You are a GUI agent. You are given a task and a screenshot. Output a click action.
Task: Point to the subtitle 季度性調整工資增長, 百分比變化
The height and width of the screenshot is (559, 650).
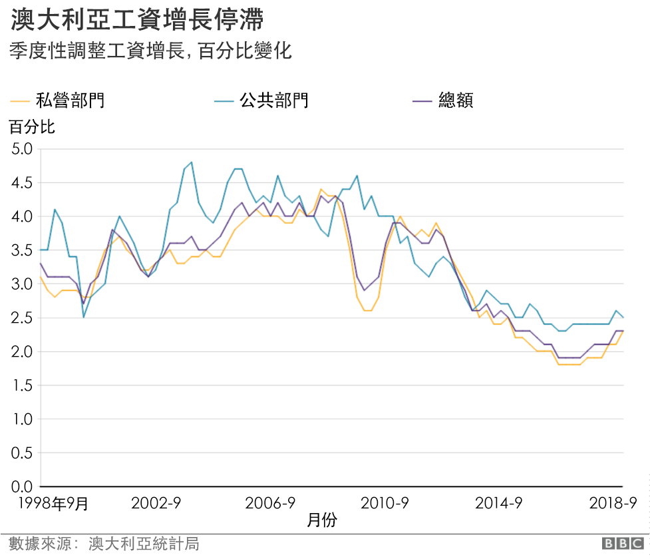click(150, 51)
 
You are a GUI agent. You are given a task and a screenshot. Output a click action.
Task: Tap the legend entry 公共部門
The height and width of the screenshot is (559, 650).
click(274, 101)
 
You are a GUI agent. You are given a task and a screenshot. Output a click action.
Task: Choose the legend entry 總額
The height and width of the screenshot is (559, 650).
click(456, 101)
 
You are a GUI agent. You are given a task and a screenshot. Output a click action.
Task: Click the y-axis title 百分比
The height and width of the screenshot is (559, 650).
click(32, 126)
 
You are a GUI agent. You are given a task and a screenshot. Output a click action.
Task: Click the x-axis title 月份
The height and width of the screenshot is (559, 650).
click(322, 520)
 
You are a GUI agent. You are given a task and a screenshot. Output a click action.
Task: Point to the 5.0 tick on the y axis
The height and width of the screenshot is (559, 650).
click(23, 148)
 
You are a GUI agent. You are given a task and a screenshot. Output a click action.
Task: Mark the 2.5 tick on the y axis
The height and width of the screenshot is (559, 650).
click(23, 317)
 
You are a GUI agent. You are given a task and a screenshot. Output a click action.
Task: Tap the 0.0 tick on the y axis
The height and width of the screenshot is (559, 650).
click(23, 486)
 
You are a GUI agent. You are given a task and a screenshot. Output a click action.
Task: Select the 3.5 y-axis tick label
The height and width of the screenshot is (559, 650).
click(23, 250)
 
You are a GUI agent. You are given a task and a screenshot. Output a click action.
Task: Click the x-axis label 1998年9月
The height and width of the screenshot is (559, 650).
click(53, 503)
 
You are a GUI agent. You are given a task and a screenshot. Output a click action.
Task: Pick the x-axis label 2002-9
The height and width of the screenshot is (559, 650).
click(156, 503)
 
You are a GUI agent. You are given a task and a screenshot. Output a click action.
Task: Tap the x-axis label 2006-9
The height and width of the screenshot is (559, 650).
click(271, 503)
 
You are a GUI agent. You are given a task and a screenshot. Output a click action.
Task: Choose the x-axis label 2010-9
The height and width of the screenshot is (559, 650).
click(385, 503)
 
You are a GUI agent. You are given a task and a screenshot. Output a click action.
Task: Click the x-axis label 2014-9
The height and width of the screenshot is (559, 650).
click(500, 503)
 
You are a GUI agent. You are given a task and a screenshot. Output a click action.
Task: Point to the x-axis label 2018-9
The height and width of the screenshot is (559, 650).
click(613, 503)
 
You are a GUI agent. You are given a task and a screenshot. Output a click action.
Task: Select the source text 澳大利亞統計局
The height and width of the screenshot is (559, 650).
click(143, 544)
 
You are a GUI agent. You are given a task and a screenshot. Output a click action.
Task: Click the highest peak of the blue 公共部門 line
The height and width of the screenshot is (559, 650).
click(192, 162)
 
